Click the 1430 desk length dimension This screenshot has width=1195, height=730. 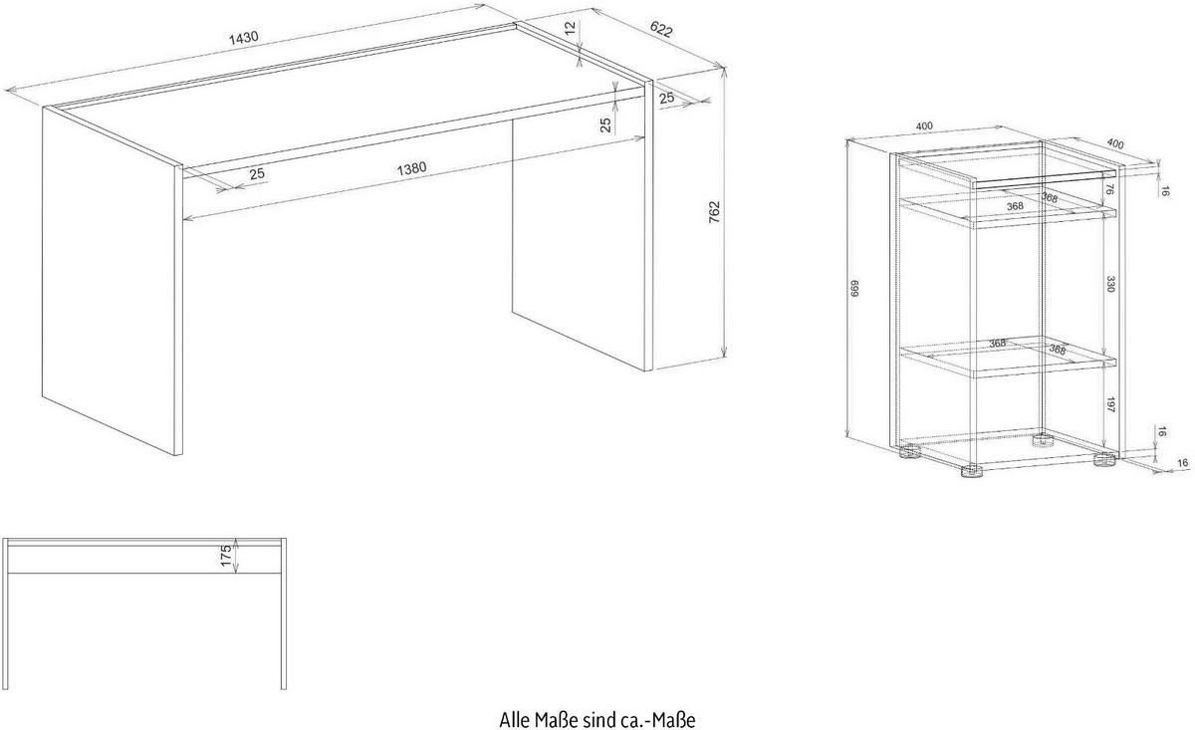[x=243, y=38]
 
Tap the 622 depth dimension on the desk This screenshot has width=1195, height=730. [x=661, y=29]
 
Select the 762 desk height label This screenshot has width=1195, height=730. [x=714, y=212]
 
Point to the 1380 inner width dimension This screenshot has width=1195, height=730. [x=411, y=168]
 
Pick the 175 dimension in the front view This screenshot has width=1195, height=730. [x=226, y=556]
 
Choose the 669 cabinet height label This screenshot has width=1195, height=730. [x=854, y=289]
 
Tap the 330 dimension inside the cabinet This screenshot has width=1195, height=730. [x=1110, y=284]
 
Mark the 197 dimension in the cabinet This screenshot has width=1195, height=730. [x=1110, y=405]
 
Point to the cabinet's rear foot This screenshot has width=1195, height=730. [x=1044, y=440]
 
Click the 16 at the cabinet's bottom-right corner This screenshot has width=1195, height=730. [x=1183, y=463]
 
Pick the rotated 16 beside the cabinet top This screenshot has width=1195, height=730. [x=1166, y=191]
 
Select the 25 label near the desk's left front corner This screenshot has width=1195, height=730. [x=257, y=174]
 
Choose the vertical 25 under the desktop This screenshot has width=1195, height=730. [x=606, y=125]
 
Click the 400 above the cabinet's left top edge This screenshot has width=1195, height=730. [x=924, y=125]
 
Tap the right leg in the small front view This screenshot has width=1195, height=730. [x=284, y=613]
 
